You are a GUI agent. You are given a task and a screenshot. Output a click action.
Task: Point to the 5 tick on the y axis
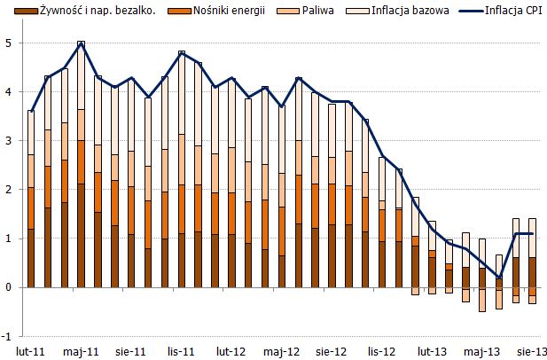[8, 43]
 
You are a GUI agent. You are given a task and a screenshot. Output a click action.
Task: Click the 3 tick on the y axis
[8, 140]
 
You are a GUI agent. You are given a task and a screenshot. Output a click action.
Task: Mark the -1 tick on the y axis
[6, 337]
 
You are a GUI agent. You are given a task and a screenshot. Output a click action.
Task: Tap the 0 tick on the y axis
[8, 287]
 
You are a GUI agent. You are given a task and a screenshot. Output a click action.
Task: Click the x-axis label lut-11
[31, 350]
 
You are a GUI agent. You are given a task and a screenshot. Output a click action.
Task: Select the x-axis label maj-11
[81, 350]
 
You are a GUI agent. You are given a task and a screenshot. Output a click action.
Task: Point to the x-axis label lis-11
[181, 350]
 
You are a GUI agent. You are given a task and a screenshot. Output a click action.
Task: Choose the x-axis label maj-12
[281, 350]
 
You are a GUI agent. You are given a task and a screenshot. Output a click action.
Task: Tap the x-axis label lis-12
[380, 350]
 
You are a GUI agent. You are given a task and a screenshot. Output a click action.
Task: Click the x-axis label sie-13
[530, 350]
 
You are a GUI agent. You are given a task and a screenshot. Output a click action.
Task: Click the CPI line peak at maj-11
[81, 42]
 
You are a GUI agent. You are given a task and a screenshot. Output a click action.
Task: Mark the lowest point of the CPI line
[498, 278]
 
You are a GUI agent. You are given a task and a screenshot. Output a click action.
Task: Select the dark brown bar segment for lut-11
[31, 258]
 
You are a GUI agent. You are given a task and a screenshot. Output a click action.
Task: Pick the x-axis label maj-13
[481, 350]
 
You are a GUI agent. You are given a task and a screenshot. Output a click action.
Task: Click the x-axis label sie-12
[331, 350]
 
